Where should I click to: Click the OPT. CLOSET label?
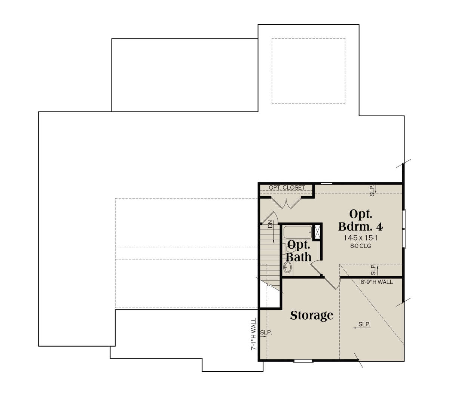[x=287, y=187]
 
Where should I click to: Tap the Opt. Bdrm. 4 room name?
[x=361, y=220]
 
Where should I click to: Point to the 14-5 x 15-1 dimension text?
[x=361, y=238]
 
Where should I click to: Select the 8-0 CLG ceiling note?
[x=361, y=246]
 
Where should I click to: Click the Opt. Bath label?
[x=299, y=251]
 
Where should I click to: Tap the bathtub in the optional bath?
[x=297, y=232]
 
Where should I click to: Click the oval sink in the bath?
[x=287, y=267]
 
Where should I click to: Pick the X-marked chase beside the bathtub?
[x=317, y=232]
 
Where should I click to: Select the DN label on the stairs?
[x=270, y=224]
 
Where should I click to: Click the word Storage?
[x=312, y=315]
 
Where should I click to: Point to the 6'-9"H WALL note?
[x=377, y=282]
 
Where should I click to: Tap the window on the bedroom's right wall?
[x=404, y=229]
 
